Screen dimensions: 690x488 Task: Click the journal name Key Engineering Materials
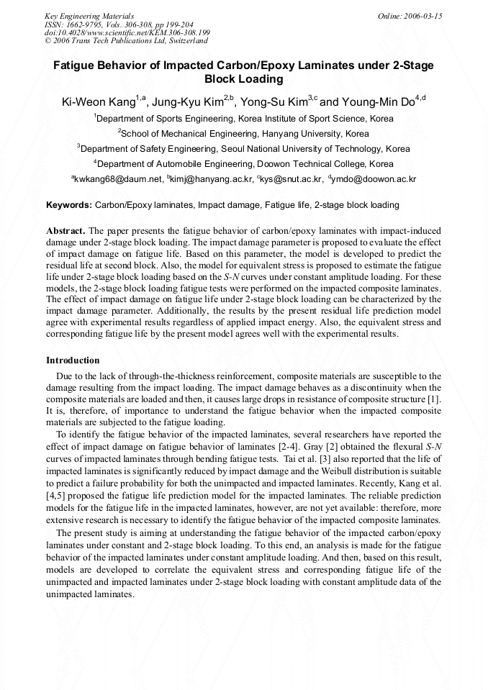pos(89,15)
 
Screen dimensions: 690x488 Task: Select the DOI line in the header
pos(127,33)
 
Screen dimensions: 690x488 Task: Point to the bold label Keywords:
pos(69,205)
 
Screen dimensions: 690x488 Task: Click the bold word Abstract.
pos(65,231)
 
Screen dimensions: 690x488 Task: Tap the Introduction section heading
pos(73,360)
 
